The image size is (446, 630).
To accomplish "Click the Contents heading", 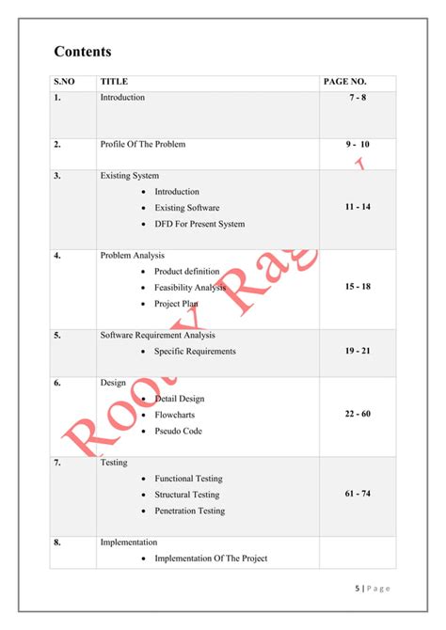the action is [x=82, y=52].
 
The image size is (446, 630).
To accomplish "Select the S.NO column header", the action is [x=64, y=82].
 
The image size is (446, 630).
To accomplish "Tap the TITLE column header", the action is [x=114, y=82].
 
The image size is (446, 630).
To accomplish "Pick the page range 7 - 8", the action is [x=358, y=98].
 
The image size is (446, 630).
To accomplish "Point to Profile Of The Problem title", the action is [x=143, y=144].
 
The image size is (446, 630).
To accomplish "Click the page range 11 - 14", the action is [x=358, y=206].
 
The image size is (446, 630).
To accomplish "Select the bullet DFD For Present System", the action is [x=199, y=224].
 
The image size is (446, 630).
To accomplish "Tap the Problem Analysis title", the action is [x=133, y=255].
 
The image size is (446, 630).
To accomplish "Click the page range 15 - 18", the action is [x=358, y=286].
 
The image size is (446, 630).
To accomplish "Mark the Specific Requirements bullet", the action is [x=195, y=352].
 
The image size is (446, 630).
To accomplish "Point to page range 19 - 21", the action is [x=358, y=351].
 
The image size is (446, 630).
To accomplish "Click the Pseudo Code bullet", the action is [x=178, y=431].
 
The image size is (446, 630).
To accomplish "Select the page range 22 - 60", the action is [x=358, y=415].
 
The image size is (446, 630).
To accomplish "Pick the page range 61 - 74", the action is [x=358, y=494].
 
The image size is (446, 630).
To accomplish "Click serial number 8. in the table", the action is [x=57, y=543].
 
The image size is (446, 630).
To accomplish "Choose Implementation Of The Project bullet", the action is [x=211, y=559].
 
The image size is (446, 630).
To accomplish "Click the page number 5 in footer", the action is [x=358, y=589].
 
